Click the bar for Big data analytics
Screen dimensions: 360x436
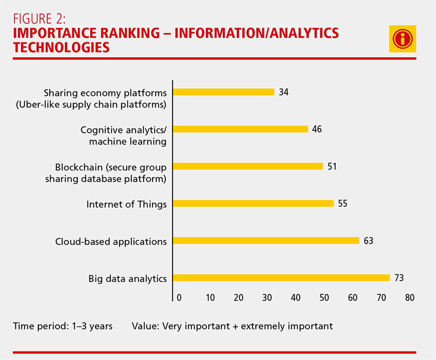(281, 278)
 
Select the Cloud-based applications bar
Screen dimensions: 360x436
(266, 241)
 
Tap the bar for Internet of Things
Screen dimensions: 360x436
(253, 203)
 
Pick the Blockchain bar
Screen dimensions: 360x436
(248, 166)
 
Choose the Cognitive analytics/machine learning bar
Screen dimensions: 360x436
(241, 129)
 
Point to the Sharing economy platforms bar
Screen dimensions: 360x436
(224, 92)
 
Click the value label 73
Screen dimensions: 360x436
(399, 278)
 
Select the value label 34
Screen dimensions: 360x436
(283, 92)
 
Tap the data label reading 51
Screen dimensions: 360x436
(332, 166)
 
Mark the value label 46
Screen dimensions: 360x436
(317, 129)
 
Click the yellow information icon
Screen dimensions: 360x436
(403, 38)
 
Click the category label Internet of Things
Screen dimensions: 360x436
(126, 204)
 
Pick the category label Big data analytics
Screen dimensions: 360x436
(127, 279)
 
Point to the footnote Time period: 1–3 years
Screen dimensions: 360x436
(62, 326)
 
